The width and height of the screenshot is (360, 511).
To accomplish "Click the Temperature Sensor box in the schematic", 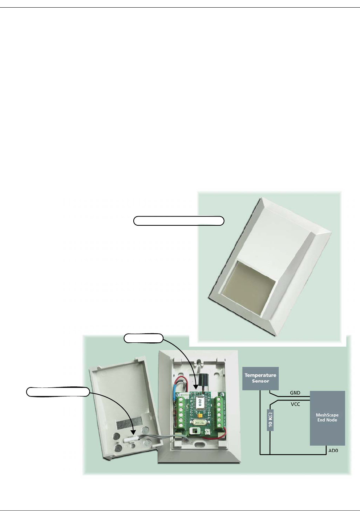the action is pyautogui.click(x=260, y=378).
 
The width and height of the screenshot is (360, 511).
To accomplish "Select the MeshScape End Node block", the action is pyautogui.click(x=327, y=418).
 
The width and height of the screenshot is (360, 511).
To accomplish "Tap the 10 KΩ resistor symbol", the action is pyautogui.click(x=270, y=420).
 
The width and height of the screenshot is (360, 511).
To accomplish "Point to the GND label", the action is pyautogui.click(x=295, y=393).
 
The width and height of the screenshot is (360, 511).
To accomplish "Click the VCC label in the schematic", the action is pyautogui.click(x=295, y=404).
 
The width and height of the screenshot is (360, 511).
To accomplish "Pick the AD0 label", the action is pyautogui.click(x=333, y=451).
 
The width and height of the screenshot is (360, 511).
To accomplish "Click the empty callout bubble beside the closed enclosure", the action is pyautogui.click(x=179, y=221).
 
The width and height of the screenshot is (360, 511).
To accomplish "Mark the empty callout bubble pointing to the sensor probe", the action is pyautogui.click(x=58, y=392).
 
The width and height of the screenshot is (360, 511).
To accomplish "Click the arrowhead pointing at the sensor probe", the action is pyautogui.click(x=133, y=432).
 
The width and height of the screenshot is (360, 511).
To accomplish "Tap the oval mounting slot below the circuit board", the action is pyautogui.click(x=198, y=444).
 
